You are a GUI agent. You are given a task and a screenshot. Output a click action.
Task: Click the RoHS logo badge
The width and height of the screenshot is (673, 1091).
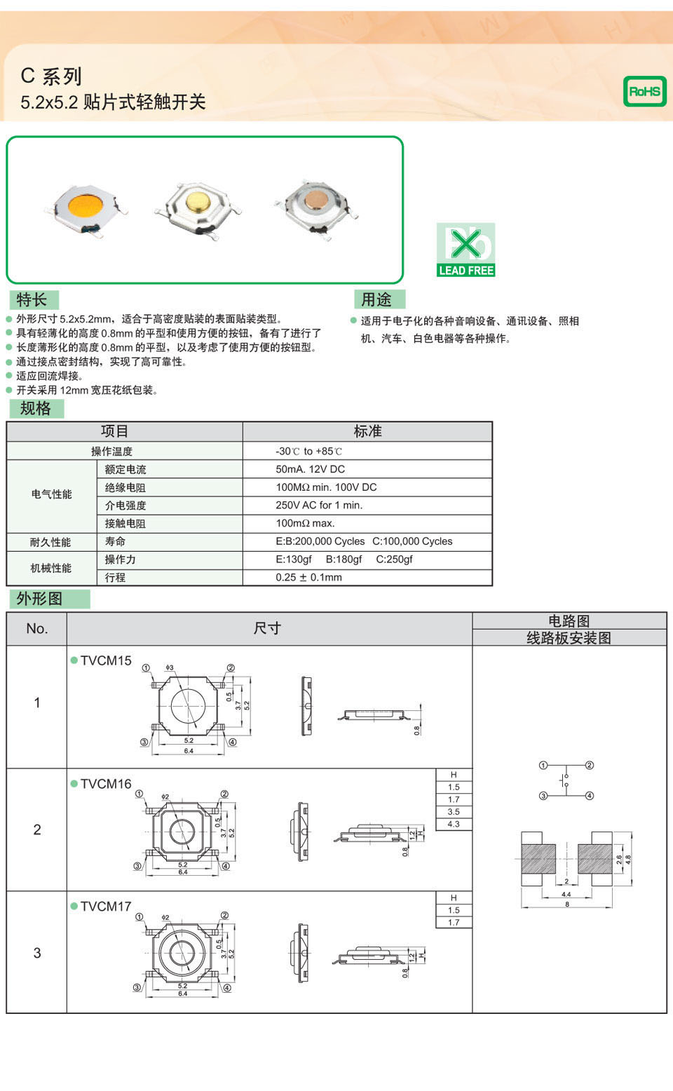pyautogui.click(x=644, y=91)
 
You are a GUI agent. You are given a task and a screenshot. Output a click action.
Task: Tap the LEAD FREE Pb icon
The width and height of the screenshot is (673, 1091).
pyautogui.click(x=465, y=250)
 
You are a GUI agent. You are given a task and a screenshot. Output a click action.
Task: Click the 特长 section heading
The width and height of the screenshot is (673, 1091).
pyautogui.click(x=32, y=300)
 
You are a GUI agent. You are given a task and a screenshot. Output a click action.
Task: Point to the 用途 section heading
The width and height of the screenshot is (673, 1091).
pyautogui.click(x=376, y=300)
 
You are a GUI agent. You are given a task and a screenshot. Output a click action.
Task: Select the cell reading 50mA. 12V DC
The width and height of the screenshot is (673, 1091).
pyautogui.click(x=310, y=469)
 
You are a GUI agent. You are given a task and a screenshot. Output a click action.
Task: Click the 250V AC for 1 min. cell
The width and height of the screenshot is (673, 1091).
pyautogui.click(x=319, y=505)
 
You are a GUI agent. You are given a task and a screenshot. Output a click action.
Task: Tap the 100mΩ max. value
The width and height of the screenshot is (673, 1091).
pyautogui.click(x=305, y=523)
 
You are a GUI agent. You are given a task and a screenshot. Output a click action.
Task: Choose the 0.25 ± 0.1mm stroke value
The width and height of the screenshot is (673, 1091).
pyautogui.click(x=308, y=577)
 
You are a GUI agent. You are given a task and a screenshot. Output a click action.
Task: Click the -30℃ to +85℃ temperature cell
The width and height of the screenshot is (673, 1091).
pyautogui.click(x=308, y=451)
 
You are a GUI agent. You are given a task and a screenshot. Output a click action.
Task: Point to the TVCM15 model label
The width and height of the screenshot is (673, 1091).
pyautogui.click(x=106, y=660)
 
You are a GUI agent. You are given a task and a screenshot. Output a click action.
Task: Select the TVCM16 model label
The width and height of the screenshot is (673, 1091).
pyautogui.click(x=106, y=784)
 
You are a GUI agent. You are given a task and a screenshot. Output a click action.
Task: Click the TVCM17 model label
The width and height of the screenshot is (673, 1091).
pyautogui.click(x=106, y=907)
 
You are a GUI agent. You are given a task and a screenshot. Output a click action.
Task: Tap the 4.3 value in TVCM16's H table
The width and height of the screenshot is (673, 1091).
pyautogui.click(x=454, y=824)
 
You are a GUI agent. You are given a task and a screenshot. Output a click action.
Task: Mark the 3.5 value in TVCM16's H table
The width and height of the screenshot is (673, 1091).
pyautogui.click(x=454, y=812)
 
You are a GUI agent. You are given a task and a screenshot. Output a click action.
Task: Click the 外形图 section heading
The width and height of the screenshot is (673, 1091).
pyautogui.click(x=40, y=599)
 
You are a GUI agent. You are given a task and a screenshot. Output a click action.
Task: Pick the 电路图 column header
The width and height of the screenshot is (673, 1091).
pyautogui.click(x=569, y=621)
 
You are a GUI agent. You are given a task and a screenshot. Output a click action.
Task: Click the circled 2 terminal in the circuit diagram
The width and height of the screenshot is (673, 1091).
pyautogui.click(x=590, y=765)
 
